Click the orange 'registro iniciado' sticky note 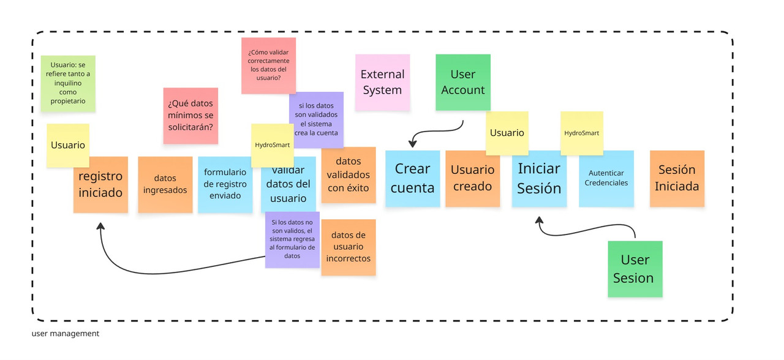pos(100,190)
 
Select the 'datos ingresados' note pos(165,184)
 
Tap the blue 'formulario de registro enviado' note pos(225,184)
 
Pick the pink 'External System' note pos(382,82)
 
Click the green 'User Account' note pos(462,82)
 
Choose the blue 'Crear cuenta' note pos(412,178)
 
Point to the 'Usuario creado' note pos(472,178)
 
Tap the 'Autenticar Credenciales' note pos(606,178)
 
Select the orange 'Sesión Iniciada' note pos(677,178)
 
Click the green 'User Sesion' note pos(635,269)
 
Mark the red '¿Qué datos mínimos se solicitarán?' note pos(190,116)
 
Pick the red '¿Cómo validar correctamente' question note pos(268,66)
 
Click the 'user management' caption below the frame pos(65,334)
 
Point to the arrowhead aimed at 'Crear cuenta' pos(412,144)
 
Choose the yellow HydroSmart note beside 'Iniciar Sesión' pos(581,133)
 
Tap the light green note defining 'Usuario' pos(68,83)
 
